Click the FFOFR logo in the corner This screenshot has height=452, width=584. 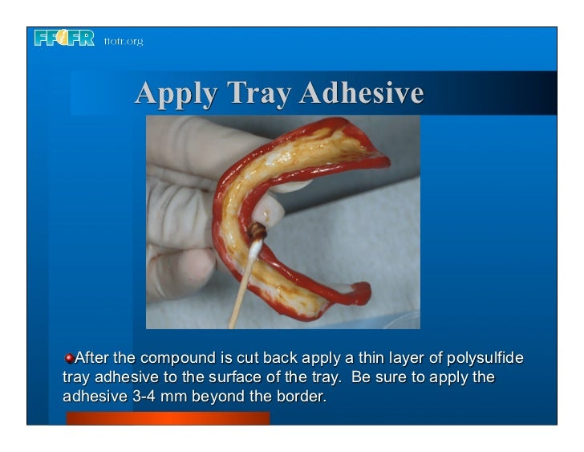(64, 39)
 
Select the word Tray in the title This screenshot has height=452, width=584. (258, 94)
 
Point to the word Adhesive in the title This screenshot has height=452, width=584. (361, 94)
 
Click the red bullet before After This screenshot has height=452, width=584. (70, 356)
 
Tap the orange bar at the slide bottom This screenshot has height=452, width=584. (168, 418)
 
